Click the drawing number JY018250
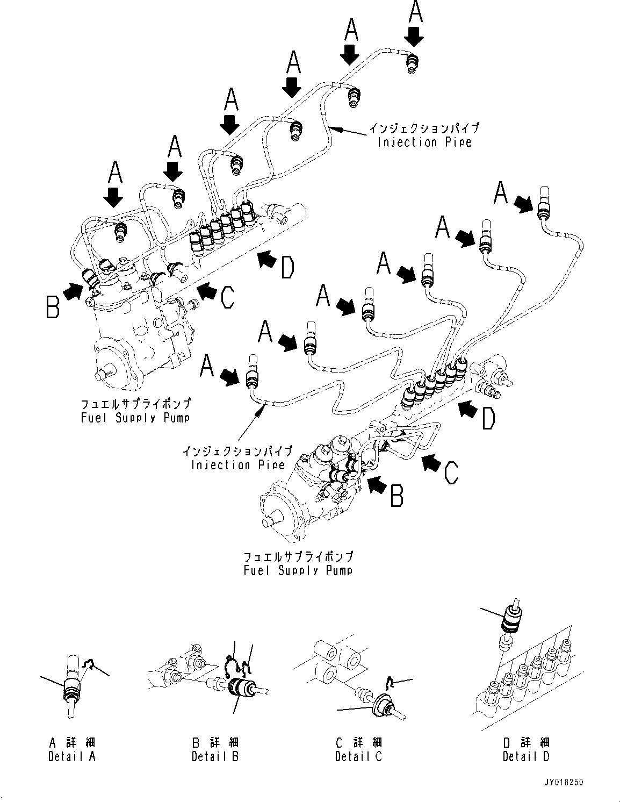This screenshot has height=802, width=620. tap(563, 783)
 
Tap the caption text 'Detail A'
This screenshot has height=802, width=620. tap(72, 756)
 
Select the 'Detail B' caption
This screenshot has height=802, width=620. tap(215, 756)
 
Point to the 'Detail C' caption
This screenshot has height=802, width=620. tap(358, 756)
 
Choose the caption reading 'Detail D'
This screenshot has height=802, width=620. tap(526, 756)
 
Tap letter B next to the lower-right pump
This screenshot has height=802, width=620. tap(396, 496)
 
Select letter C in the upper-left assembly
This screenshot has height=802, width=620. tap(228, 297)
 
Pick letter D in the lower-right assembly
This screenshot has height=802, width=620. tap(487, 419)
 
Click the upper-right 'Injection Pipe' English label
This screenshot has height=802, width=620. tap(424, 142)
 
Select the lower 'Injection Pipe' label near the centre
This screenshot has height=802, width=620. tap(237, 465)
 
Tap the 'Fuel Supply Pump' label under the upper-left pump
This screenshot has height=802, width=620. tap(135, 418)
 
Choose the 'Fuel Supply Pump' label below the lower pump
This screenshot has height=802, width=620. tap(298, 570)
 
